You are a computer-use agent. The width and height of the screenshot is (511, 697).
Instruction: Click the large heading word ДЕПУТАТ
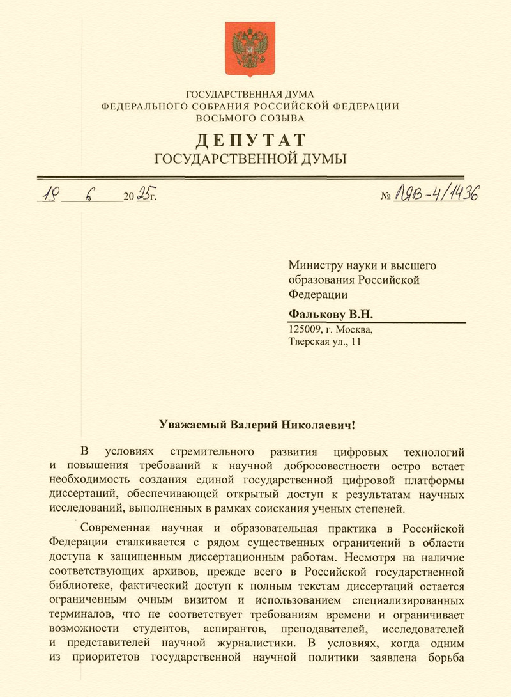tap(250, 139)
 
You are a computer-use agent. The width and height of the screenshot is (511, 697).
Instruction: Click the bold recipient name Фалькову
tap(317, 315)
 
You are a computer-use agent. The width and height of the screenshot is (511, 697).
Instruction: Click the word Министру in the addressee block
tap(314, 264)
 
